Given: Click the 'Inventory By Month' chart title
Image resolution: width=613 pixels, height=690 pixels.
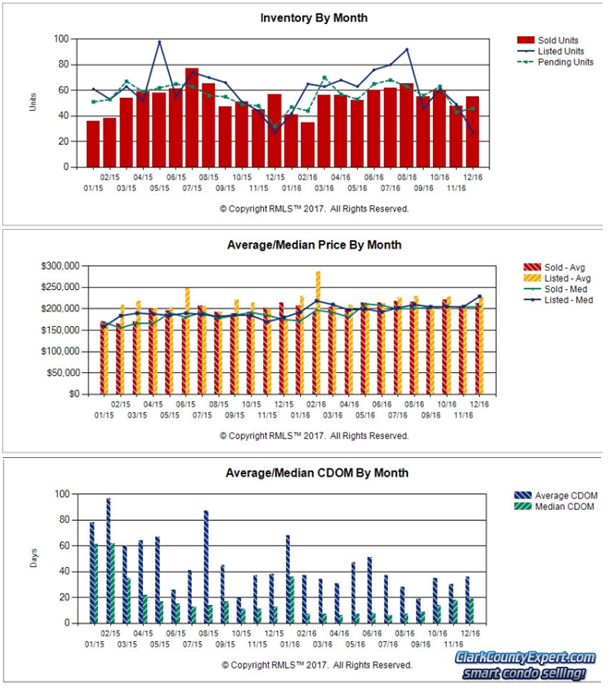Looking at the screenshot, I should pyautogui.click(x=314, y=18).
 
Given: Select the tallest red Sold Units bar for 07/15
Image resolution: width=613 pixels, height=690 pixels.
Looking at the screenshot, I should pyautogui.click(x=192, y=118).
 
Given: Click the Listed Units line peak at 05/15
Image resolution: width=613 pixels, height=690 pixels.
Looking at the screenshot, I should pyautogui.click(x=159, y=42).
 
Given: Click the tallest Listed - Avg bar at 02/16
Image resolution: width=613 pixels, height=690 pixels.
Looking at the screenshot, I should pyautogui.click(x=319, y=333).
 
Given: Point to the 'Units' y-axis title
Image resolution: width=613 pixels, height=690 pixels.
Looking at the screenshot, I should pyautogui.click(x=34, y=103).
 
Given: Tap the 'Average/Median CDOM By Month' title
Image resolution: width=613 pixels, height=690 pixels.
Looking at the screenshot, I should pyautogui.click(x=317, y=473).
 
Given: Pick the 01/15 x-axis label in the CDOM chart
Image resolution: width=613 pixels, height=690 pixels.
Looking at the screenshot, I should pyautogui.click(x=93, y=645).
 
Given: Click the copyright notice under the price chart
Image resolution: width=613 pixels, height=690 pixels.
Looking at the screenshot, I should pyautogui.click(x=314, y=435).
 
